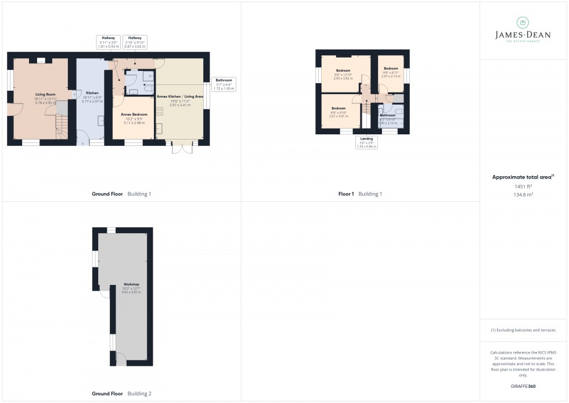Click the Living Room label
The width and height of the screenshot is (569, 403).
(45, 94)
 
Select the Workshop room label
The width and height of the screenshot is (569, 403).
(131, 284)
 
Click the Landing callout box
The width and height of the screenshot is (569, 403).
(366, 142)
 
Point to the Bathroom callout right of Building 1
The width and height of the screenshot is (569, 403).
(224, 84)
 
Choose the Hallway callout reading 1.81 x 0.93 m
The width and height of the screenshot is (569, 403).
(108, 41)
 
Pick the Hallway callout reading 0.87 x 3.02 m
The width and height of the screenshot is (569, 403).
(135, 41)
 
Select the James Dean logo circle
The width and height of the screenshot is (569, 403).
(523, 23)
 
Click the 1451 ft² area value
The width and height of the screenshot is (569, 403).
(523, 186)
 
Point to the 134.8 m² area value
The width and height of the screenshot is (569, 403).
(523, 195)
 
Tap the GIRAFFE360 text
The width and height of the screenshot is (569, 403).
(523, 386)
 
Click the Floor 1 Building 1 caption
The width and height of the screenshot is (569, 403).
(360, 194)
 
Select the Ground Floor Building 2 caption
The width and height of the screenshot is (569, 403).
(121, 394)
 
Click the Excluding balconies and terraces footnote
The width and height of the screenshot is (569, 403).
(523, 330)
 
